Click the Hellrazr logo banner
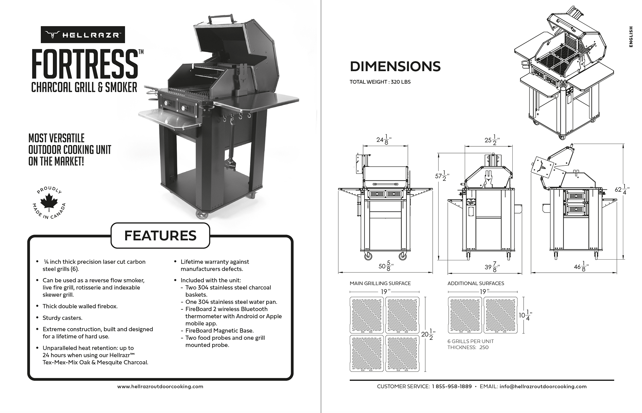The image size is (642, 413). pyautogui.click(x=83, y=35)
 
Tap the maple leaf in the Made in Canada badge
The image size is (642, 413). pyautogui.click(x=49, y=201)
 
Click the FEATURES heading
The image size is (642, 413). pyautogui.click(x=160, y=236)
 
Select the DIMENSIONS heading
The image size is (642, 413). pyautogui.click(x=395, y=66)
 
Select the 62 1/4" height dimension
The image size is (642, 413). pyautogui.click(x=622, y=189)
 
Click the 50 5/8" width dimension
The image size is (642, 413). pyautogui.click(x=386, y=266)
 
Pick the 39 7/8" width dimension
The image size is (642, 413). pyautogui.click(x=492, y=267)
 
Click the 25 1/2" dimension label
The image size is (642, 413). pyautogui.click(x=492, y=140)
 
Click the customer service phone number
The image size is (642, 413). pyautogui.click(x=451, y=387)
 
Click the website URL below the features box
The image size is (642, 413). pyautogui.click(x=160, y=387)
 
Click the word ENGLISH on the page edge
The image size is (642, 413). pyautogui.click(x=631, y=37)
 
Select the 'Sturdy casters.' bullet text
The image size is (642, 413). pyautogui.click(x=62, y=318)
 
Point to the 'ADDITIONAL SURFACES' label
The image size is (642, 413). pyautogui.click(x=475, y=283)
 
